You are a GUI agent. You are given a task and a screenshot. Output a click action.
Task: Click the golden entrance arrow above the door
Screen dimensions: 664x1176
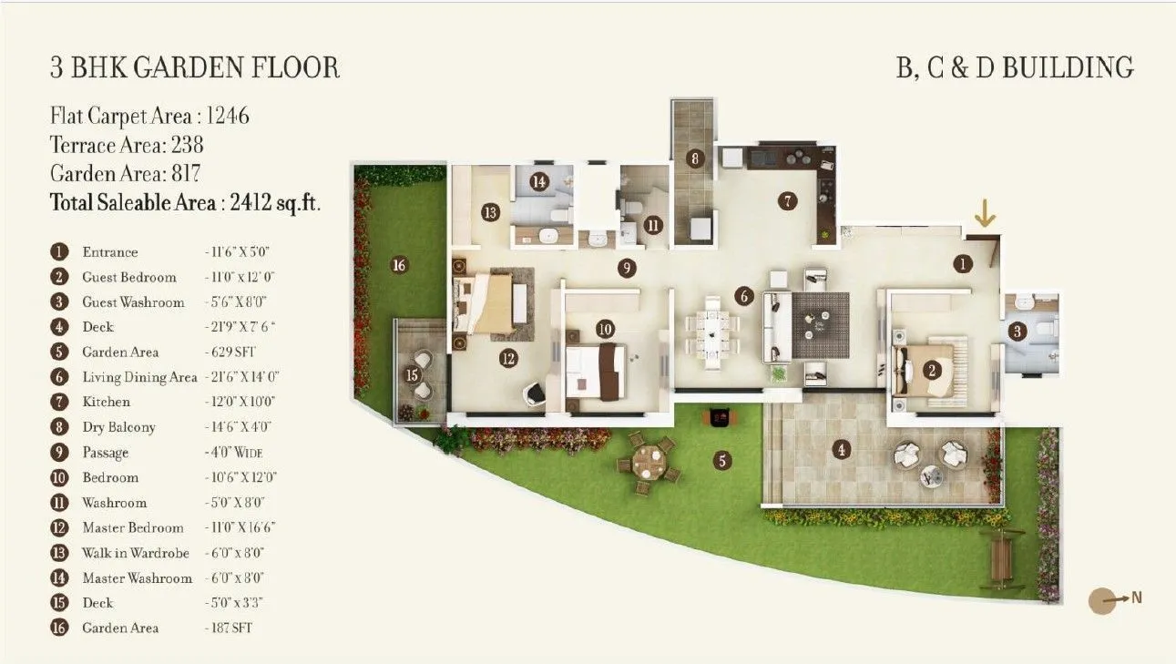pos(984,213)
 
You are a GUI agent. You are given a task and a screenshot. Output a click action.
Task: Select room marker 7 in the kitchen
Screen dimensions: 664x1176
pos(788,201)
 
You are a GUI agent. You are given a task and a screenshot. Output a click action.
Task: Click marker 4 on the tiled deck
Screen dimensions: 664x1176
pos(842,448)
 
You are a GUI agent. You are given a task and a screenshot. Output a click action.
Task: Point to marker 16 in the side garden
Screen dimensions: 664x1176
pos(398,265)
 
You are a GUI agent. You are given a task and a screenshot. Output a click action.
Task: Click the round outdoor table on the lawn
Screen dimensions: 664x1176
pos(648,461)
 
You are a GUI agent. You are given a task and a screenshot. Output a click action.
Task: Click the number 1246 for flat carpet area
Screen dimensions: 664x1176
pos(228,117)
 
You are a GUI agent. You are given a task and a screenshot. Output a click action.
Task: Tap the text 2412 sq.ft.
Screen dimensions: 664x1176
pos(271,202)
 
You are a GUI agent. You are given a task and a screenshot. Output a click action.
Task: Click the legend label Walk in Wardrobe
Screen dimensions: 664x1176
pos(136,553)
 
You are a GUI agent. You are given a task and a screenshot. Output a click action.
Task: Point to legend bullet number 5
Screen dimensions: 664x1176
pos(60,352)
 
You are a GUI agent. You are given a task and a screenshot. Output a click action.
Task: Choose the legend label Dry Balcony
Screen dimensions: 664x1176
pos(118,427)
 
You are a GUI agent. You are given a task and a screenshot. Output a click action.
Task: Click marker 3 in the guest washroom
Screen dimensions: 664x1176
pos(1017,332)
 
